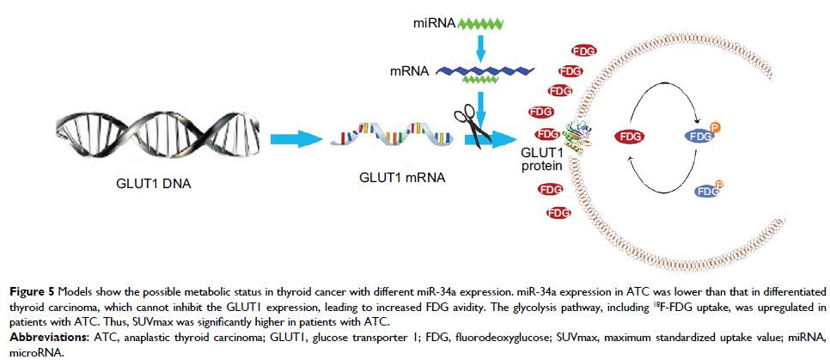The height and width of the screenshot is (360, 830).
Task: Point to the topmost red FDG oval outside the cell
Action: pyautogui.click(x=583, y=52)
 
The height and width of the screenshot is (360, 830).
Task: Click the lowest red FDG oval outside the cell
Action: pyautogui.click(x=558, y=212)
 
